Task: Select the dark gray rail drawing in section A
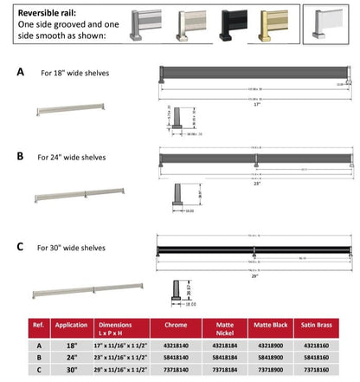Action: (254, 76)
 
